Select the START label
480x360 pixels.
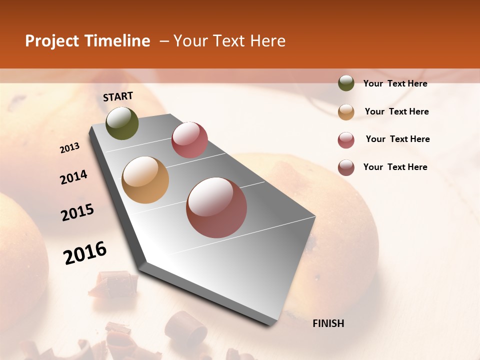[x=118, y=96]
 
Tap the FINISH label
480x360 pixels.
[x=328, y=323]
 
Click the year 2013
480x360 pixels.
[x=70, y=148]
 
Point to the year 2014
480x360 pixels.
[x=74, y=177]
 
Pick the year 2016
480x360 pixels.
[x=85, y=253]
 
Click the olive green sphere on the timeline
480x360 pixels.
[x=122, y=123]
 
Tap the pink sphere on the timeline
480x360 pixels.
[x=189, y=140]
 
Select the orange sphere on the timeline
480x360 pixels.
[x=145, y=180]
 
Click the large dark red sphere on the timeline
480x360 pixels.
[x=216, y=207]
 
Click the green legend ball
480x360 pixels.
[x=346, y=83]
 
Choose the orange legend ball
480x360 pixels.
[x=346, y=112]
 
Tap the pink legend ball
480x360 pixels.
[x=346, y=140]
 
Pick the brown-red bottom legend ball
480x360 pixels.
[x=346, y=167]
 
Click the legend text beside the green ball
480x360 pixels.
[x=395, y=83]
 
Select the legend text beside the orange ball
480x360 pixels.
[x=396, y=111]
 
